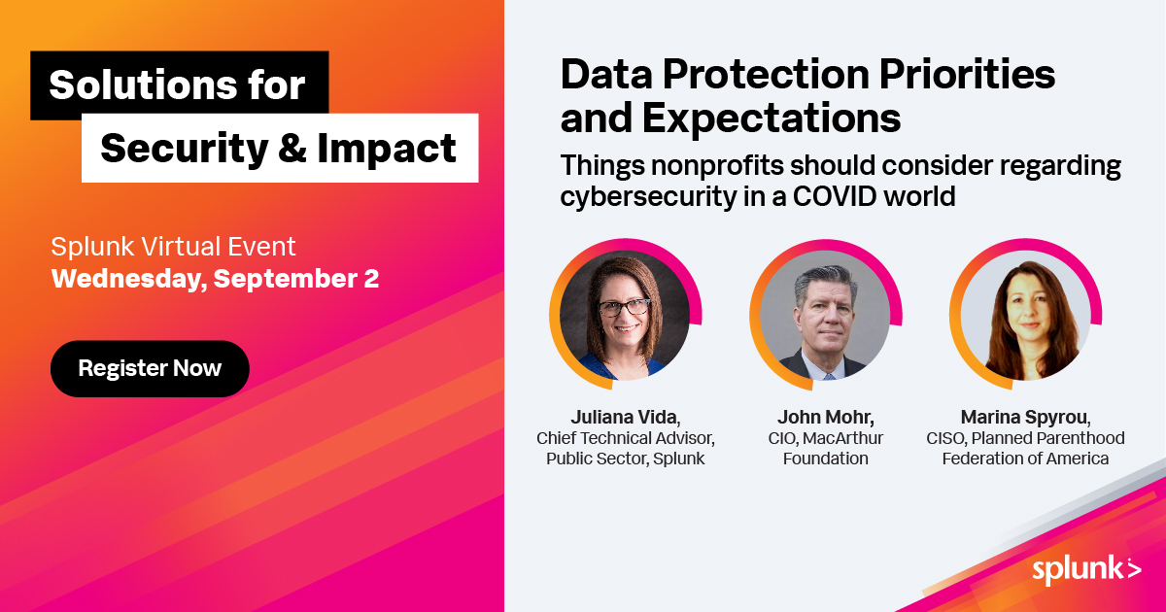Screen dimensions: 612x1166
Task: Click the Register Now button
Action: (150, 368)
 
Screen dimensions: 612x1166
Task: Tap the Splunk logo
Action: (1086, 570)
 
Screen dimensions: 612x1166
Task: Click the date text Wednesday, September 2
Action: (215, 279)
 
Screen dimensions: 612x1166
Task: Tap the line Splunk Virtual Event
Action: (173, 246)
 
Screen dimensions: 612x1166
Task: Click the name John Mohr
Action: (825, 418)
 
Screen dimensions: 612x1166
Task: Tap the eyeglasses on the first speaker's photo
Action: (625, 307)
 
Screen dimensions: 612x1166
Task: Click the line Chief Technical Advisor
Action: (625, 438)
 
